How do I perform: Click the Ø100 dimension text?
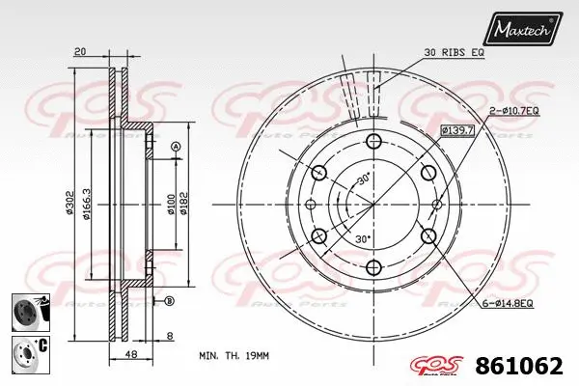(x=172, y=204)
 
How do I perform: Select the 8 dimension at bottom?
(x=171, y=337)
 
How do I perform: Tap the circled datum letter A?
(x=176, y=146)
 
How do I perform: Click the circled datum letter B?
(x=170, y=300)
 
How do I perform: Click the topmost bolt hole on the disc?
(x=373, y=141)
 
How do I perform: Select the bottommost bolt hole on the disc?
(x=373, y=267)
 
